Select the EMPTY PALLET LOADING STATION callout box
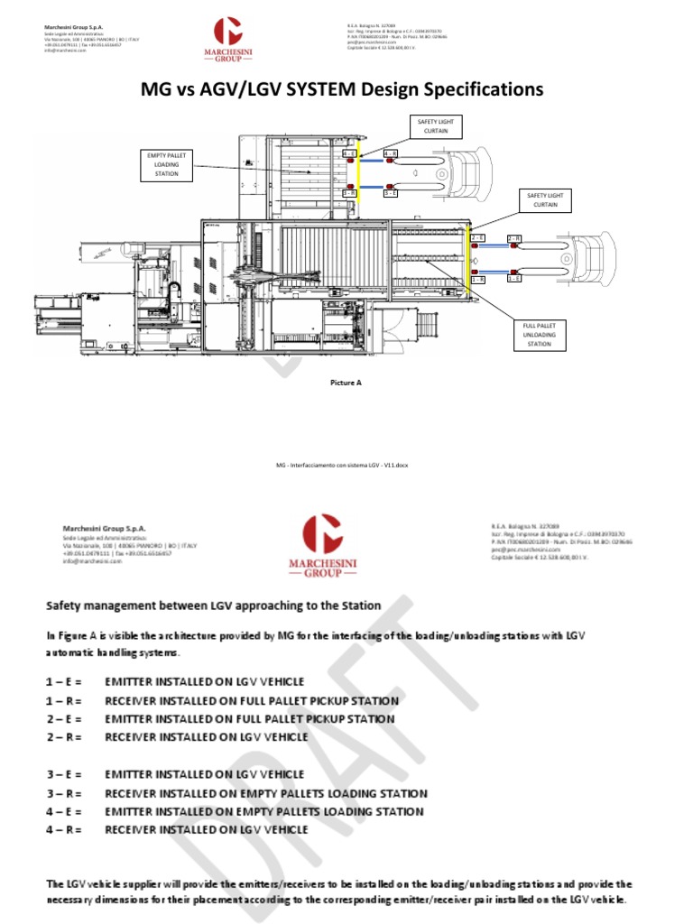point(167,165)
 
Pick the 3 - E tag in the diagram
point(391,193)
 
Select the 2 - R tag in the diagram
point(513,238)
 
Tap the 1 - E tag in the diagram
point(513,279)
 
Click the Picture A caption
point(345,383)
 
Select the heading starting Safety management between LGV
point(214,605)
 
